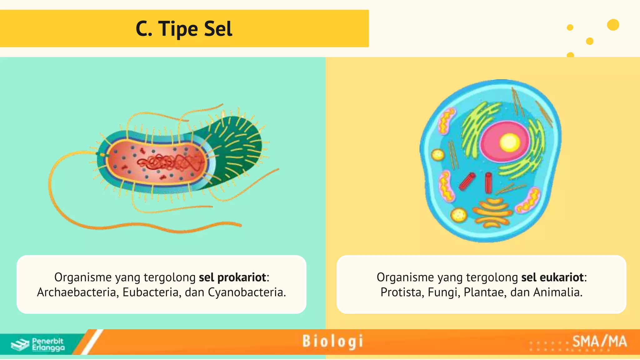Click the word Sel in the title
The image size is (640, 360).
pos(218,29)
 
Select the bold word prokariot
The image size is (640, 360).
pos(242,277)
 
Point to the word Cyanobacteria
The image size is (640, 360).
pos(247,292)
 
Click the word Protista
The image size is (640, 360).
pos(402,292)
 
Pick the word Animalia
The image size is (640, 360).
pos(557,292)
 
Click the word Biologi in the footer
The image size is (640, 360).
pos(332,341)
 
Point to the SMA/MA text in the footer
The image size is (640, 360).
pos(599,341)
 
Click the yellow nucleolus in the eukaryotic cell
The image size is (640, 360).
pos(509,142)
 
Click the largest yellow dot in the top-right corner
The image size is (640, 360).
pos(613,25)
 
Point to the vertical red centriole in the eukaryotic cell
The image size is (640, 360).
pos(488,183)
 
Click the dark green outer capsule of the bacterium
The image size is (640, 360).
pos(241,147)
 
